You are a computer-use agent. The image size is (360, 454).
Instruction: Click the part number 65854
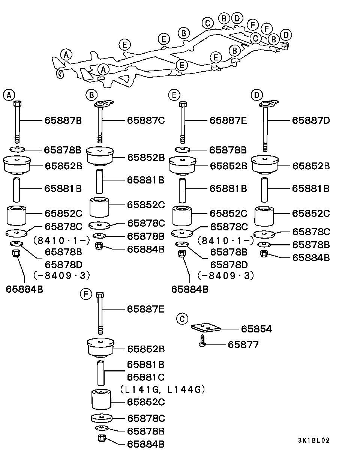tap(256, 329)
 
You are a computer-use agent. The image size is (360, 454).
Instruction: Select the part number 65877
tap(243, 344)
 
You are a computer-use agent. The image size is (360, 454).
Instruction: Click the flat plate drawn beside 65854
tap(205, 328)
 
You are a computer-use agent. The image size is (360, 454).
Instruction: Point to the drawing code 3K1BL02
tap(314, 440)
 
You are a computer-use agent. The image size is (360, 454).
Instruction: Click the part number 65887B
tap(63, 120)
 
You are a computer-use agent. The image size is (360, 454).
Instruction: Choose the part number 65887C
tap(145, 120)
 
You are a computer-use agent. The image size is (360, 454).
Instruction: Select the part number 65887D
tap(311, 120)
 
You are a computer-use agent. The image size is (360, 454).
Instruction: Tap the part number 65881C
tap(145, 377)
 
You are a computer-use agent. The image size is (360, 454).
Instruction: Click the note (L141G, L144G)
tap(163, 390)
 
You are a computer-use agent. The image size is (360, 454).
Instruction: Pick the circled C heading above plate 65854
tap(181, 319)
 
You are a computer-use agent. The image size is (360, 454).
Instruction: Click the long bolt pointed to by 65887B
tap(17, 120)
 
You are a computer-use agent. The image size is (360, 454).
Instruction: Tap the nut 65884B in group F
tap(100, 438)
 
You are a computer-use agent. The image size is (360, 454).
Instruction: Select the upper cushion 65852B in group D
tap(265, 164)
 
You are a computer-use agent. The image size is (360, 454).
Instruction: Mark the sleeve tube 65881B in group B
tap(100, 180)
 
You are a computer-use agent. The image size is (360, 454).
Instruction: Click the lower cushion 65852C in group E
tap(182, 215)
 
